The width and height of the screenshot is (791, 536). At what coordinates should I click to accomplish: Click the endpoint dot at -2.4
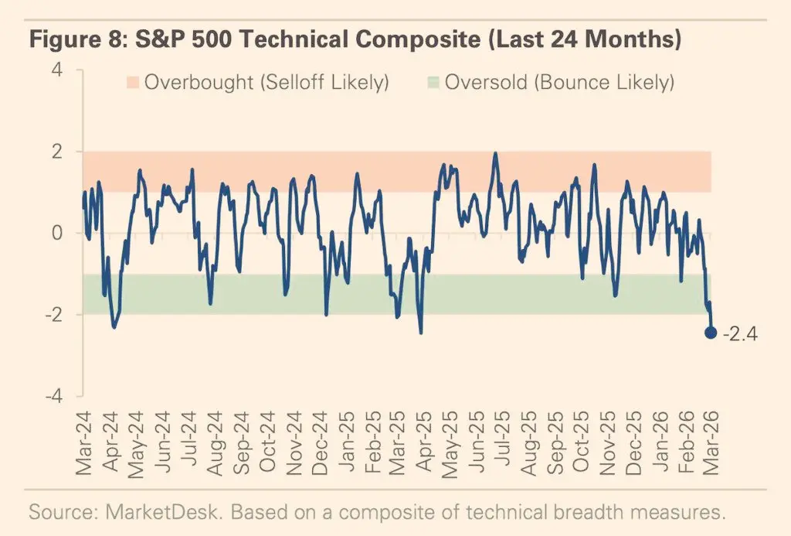click(711, 333)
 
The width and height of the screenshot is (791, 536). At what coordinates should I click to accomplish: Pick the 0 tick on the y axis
click(59, 234)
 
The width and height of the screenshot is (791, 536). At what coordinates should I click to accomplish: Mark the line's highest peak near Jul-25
click(495, 153)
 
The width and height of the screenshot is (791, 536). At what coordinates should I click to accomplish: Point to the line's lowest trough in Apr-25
click(421, 333)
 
